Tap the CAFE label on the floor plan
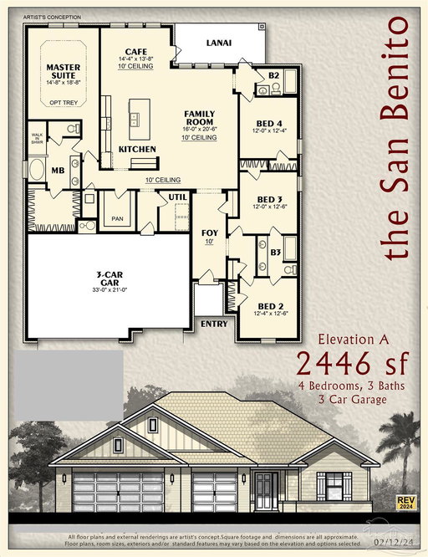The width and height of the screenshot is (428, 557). [x=135, y=51]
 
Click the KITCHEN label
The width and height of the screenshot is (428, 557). [x=137, y=149]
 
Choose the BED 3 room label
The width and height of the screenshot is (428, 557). [x=268, y=200]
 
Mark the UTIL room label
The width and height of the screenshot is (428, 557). [x=177, y=197]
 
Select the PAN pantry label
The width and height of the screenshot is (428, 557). [x=115, y=221]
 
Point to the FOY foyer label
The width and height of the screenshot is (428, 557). [x=210, y=234]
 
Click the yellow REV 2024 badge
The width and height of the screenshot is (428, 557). [x=407, y=502]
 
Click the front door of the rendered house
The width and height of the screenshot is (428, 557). [x=266, y=490]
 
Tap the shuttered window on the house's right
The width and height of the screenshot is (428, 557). [x=333, y=486]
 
